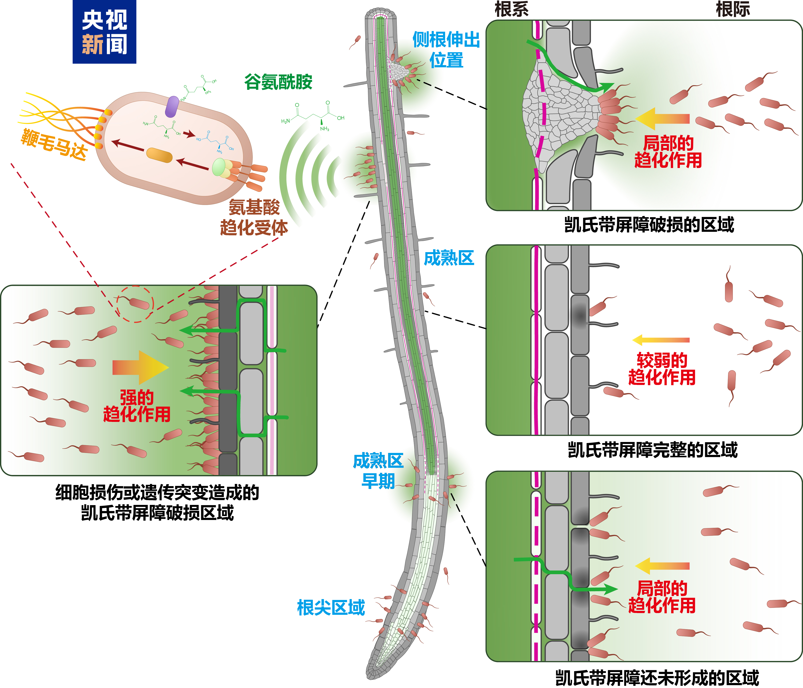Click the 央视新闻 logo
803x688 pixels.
pyautogui.click(x=104, y=32)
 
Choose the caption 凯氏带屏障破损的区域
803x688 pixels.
pyautogui.click(x=649, y=225)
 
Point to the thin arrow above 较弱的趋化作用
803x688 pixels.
pyautogui.click(x=661, y=340)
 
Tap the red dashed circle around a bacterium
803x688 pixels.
pyautogui.click(x=135, y=304)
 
